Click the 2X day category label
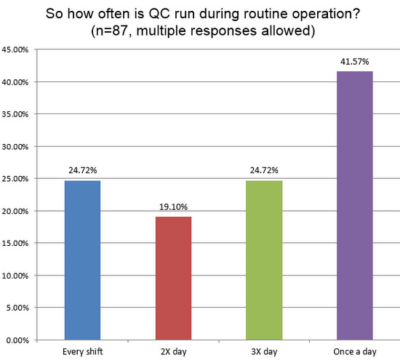click(x=172, y=352)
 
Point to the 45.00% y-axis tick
click(x=17, y=50)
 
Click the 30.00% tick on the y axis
click(x=17, y=147)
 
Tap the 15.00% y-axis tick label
click(x=17, y=244)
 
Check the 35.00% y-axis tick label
click(x=17, y=114)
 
